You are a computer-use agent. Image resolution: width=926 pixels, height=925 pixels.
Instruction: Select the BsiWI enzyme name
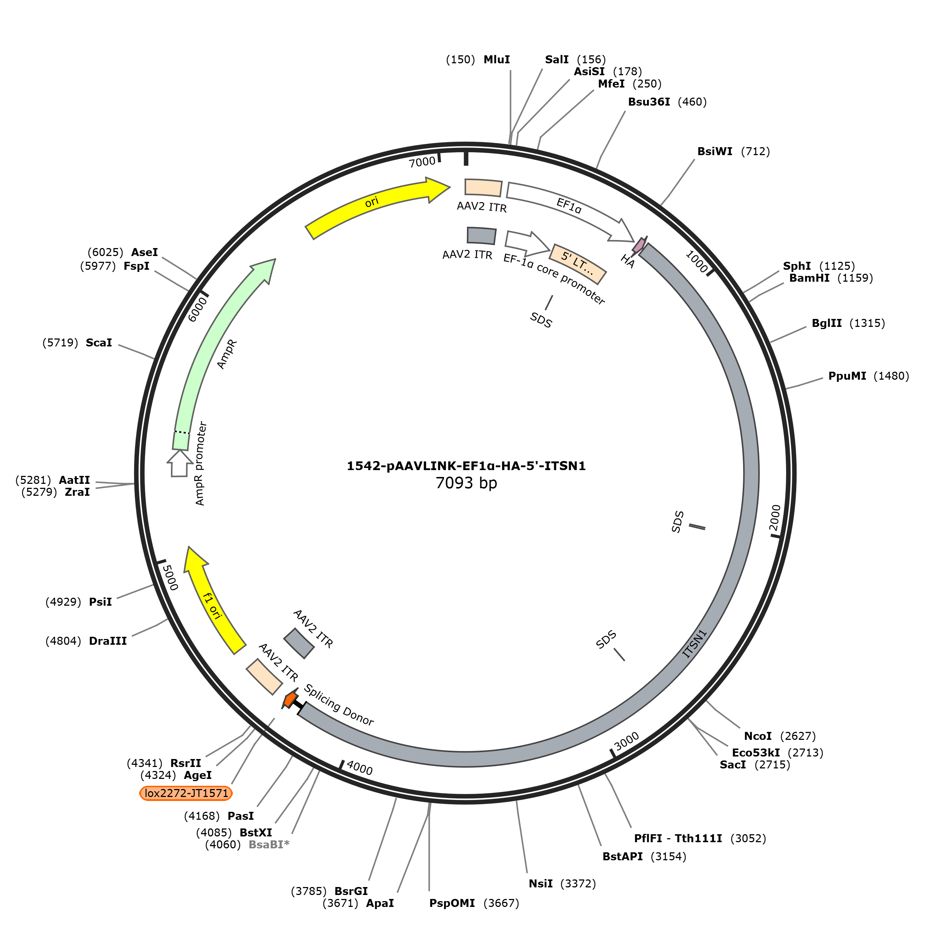pyautogui.click(x=715, y=152)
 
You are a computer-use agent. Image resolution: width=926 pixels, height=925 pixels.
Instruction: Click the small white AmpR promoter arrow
pyautogui.click(x=180, y=463)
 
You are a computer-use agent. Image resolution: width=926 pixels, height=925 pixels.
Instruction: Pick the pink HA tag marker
pyautogui.click(x=639, y=245)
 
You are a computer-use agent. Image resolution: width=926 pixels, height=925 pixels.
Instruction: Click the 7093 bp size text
pyautogui.click(x=466, y=483)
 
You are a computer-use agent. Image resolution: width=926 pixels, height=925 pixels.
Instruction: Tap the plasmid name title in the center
pyautogui.click(x=466, y=466)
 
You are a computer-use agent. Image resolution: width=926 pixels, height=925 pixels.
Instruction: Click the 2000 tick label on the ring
pyautogui.click(x=775, y=518)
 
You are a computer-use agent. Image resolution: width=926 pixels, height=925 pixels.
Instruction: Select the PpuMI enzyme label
pyautogui.click(x=847, y=376)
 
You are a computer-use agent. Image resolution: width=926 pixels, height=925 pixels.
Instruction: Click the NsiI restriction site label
pyautogui.click(x=541, y=883)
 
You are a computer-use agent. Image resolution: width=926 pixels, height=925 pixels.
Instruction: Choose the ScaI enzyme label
pyautogui.click(x=99, y=342)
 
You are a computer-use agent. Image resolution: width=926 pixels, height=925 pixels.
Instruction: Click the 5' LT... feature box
pyautogui.click(x=578, y=264)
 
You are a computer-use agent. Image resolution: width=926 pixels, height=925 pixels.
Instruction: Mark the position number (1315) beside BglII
pyautogui.click(x=867, y=323)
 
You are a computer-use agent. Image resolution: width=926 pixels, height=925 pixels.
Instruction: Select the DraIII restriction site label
pyautogui.click(x=108, y=641)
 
